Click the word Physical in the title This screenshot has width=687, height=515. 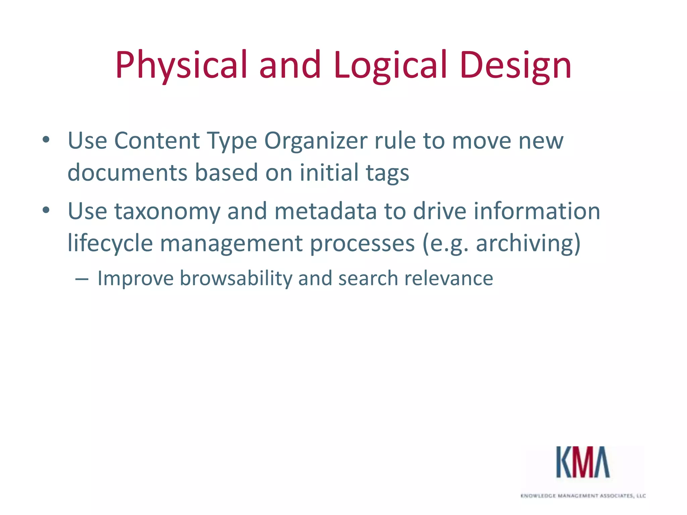(181, 65)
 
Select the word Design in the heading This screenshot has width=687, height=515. (516, 65)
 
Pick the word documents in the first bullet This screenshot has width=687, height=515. (127, 173)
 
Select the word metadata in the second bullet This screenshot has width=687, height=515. (325, 211)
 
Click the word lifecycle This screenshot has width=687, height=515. (110, 243)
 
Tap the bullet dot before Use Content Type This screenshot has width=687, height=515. (46, 140)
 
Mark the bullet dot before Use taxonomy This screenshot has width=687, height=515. (46, 211)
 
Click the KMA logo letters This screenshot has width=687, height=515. (583, 462)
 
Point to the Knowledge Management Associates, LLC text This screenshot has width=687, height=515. (583, 496)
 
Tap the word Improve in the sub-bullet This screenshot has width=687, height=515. (135, 279)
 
